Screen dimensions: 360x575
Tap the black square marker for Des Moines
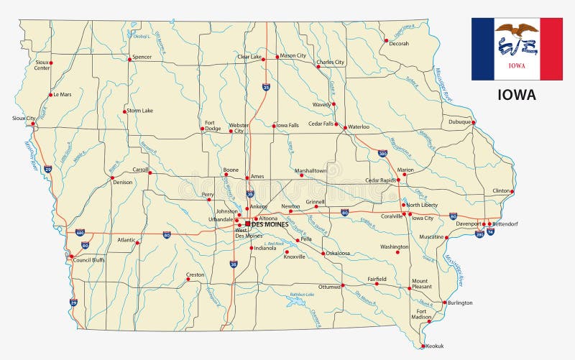(x=247, y=223)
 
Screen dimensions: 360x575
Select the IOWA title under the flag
(x=517, y=94)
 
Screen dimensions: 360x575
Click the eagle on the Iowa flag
(x=517, y=29)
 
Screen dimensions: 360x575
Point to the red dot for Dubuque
(x=473, y=122)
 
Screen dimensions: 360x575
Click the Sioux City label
(x=24, y=118)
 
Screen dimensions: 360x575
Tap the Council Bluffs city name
(x=89, y=259)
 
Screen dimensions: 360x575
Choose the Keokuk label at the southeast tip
(x=435, y=346)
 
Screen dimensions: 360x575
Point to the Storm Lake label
(x=140, y=111)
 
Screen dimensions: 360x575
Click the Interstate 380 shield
(x=383, y=153)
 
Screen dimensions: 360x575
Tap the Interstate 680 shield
(x=80, y=233)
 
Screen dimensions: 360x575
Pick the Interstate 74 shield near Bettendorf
(x=490, y=232)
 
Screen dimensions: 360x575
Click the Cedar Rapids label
(x=381, y=180)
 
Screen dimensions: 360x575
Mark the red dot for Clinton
(x=512, y=191)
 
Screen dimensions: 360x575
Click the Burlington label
(x=460, y=303)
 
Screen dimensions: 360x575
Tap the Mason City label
(x=293, y=55)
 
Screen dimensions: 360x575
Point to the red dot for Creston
(x=188, y=280)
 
